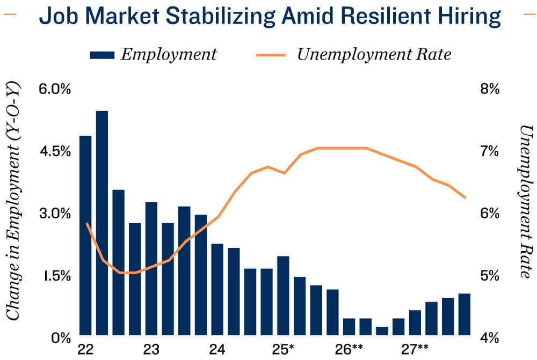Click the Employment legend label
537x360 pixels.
[169, 54]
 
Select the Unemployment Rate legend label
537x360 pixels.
[374, 54]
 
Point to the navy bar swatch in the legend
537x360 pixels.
[103, 54]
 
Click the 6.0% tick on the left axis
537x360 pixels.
[55, 89]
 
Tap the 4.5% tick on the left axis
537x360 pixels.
[55, 151]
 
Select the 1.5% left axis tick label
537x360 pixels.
[56, 276]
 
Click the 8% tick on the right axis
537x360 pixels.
[489, 89]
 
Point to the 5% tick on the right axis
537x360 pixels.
[489, 276]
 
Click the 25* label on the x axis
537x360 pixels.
[283, 349]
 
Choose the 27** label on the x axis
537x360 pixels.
[415, 349]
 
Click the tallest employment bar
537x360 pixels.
[102, 223]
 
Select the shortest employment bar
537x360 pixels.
[382, 330]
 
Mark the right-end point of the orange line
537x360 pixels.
[465, 198]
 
